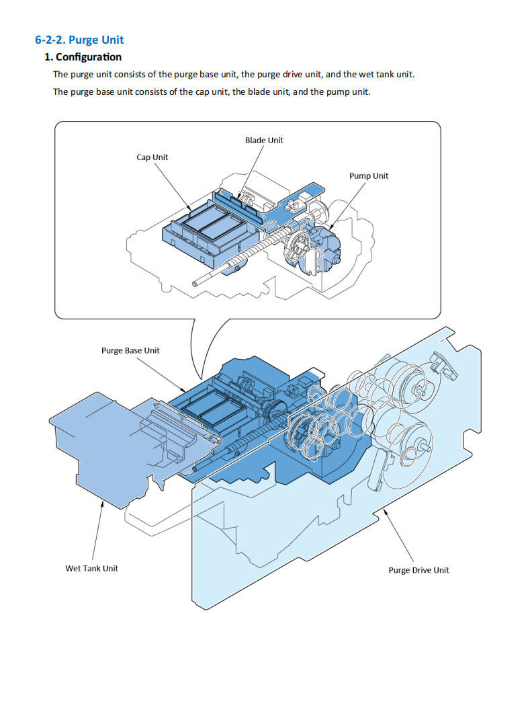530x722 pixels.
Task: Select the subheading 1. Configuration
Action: pyautogui.click(x=83, y=57)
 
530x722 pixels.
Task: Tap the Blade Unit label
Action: pyautogui.click(x=264, y=141)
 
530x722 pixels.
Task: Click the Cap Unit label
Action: pyautogui.click(x=152, y=157)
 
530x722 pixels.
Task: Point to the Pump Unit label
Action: pyautogui.click(x=369, y=176)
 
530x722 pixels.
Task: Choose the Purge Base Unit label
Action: pyautogui.click(x=130, y=350)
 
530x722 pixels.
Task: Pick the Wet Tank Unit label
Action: pyautogui.click(x=91, y=568)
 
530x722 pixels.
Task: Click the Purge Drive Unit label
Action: pyautogui.click(x=418, y=570)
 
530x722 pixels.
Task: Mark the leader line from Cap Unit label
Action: pyautogui.click(x=172, y=185)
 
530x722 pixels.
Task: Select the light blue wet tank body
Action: pyautogui.click(x=94, y=444)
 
